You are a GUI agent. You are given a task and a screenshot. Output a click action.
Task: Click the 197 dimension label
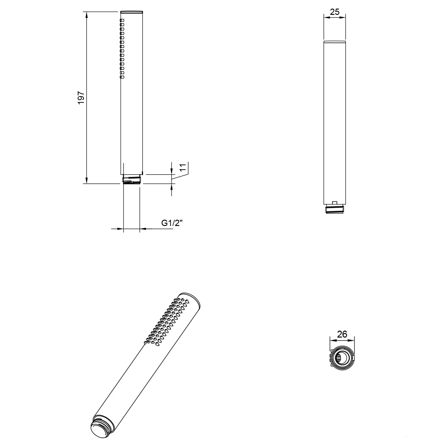tap(81, 98)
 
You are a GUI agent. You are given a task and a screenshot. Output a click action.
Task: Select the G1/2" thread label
tap(172, 223)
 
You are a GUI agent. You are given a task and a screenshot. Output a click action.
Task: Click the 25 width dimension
tap(334, 12)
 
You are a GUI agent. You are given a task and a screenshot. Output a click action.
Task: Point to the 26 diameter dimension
tap(342, 334)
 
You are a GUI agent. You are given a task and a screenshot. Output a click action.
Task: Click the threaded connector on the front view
tap(132, 180)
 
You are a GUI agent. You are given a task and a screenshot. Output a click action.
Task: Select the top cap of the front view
tap(132, 12)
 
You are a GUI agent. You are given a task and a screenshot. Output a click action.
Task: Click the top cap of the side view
tap(334, 41)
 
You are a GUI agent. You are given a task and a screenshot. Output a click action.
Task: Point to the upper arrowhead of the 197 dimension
tap(87, 15)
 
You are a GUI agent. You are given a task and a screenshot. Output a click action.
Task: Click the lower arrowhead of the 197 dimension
tap(87, 180)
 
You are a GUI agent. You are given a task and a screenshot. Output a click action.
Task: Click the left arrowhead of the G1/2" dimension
tap(120, 229)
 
